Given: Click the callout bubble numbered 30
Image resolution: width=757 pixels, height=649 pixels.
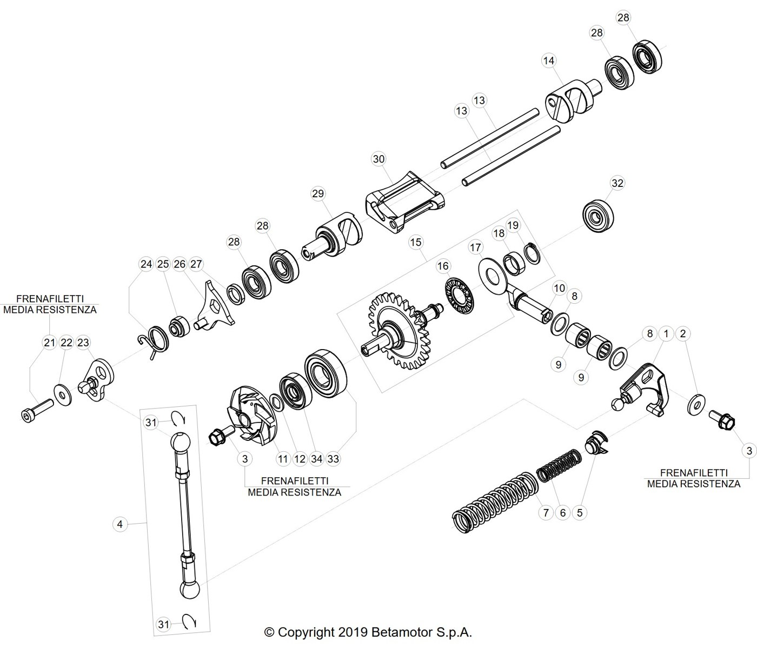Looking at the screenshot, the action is [378, 159].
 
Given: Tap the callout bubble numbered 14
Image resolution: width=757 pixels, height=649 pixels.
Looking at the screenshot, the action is [549, 61].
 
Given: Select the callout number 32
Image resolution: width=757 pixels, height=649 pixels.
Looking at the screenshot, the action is [617, 183].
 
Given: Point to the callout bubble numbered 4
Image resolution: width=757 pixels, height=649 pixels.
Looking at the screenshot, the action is [119, 525].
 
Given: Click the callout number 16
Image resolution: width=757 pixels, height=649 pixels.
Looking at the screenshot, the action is [443, 266].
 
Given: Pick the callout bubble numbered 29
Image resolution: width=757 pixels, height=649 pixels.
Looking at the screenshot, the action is [318, 193].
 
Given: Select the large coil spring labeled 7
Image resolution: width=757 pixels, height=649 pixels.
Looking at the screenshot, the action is [496, 502].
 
